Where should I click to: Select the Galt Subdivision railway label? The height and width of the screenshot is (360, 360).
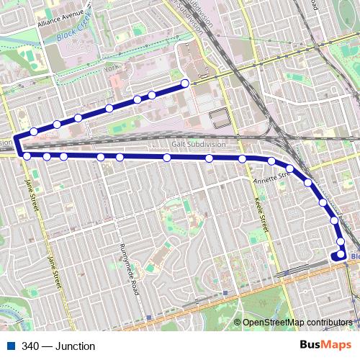click(201, 144)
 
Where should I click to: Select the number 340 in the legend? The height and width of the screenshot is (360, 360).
click(30, 346)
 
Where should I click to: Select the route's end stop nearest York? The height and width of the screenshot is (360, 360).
click(185, 84)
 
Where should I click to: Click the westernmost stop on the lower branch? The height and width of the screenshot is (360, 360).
click(27, 156)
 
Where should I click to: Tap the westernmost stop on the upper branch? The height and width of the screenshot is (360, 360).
click(34, 131)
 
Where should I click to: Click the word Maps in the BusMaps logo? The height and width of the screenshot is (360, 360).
click(336, 345)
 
